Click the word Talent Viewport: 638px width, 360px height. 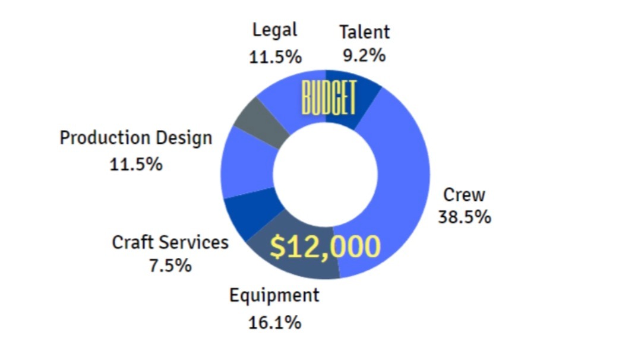pos(364,32)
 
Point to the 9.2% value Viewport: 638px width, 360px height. pos(364,55)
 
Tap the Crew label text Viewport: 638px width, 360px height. pos(465,195)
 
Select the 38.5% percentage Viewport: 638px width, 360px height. pos(465,217)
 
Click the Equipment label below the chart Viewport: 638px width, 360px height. pos(274,295)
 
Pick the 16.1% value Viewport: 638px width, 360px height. pos(274,323)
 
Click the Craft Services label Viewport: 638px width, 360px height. pos(170,242)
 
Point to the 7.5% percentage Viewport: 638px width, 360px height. pos(170,265)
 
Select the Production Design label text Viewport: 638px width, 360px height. pos(136,138)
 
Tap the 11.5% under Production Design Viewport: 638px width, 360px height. pos(136,164)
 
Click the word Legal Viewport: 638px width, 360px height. pos(274,30)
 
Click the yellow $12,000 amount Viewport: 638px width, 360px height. pos(325,247)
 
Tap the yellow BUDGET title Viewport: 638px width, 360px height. pos(329,99)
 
